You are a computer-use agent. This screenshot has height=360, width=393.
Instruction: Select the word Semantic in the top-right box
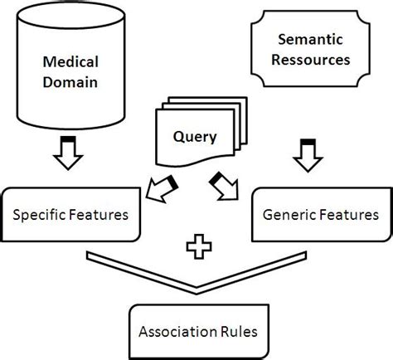point(307,38)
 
